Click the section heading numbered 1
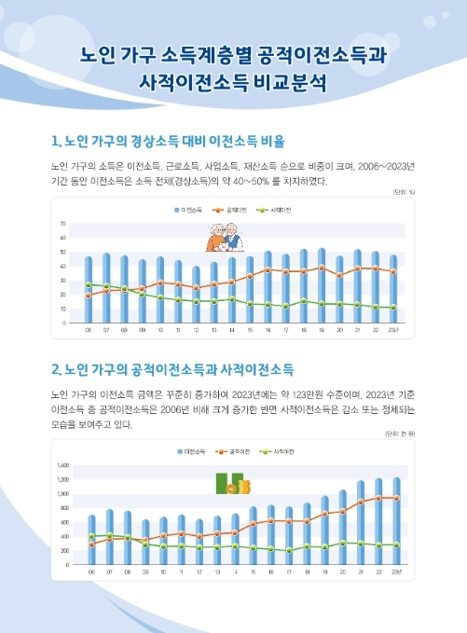(168, 142)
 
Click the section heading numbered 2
(173, 368)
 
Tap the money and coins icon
(233, 484)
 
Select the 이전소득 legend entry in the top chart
(190, 211)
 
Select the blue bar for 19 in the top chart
(322, 285)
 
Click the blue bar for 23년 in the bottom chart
(396, 521)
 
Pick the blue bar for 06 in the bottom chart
(91, 540)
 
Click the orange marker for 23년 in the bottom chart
(396, 498)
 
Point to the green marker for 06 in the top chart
(89, 284)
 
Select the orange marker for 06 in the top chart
(89, 296)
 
